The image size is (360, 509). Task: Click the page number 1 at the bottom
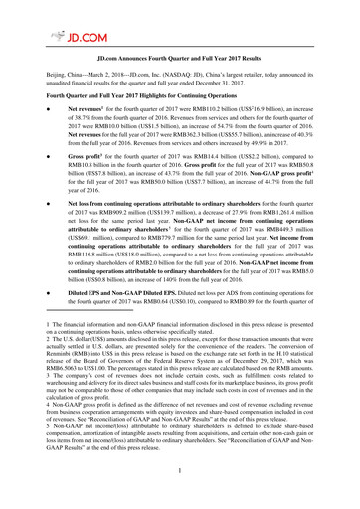click(x=180, y=498)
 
